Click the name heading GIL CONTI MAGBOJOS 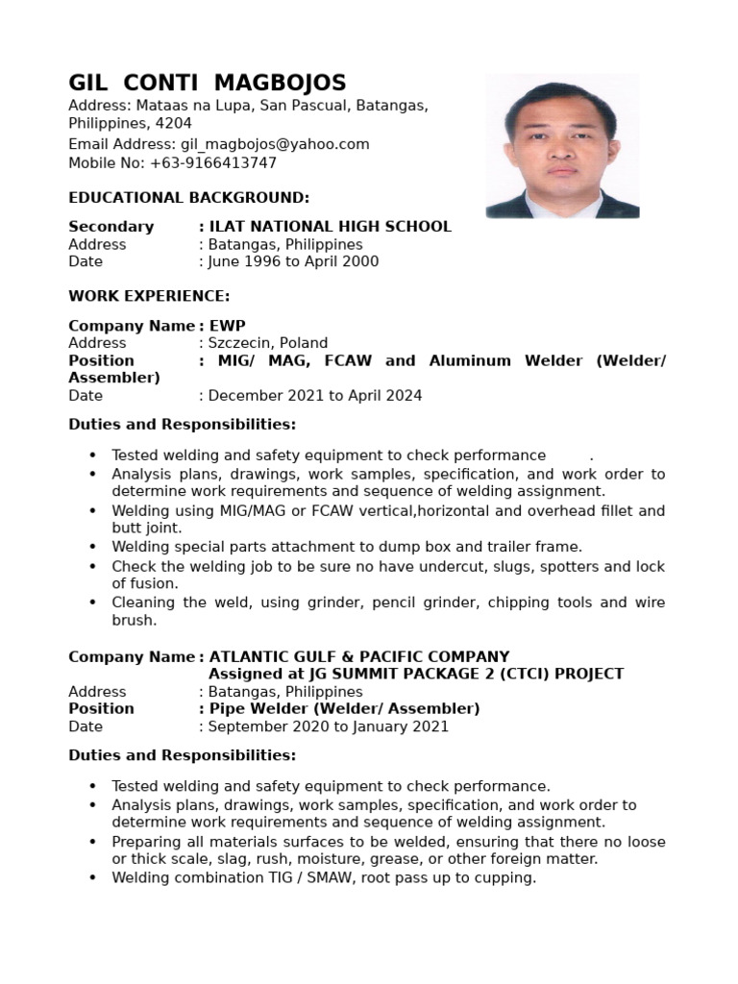[207, 83]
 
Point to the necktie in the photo [563, 206]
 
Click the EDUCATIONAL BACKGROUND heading [188, 198]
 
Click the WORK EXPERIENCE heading [149, 296]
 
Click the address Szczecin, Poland [268, 343]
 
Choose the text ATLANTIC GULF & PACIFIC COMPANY [359, 657]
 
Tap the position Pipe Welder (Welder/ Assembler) [344, 709]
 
